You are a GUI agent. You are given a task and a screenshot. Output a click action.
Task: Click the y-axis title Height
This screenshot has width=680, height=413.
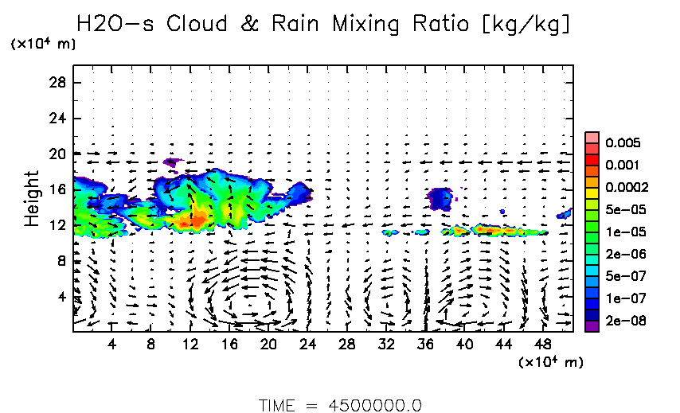(x=32, y=198)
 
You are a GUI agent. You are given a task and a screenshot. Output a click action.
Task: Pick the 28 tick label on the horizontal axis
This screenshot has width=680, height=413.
(x=346, y=345)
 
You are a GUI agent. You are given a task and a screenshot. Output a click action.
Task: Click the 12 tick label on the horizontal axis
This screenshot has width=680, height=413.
(x=190, y=345)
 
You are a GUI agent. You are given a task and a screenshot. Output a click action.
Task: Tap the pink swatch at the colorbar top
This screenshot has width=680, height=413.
(x=592, y=138)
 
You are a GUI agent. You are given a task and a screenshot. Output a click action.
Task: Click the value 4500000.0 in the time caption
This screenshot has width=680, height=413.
(x=376, y=404)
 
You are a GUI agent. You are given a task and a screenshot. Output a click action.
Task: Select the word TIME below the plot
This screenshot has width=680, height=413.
(x=279, y=404)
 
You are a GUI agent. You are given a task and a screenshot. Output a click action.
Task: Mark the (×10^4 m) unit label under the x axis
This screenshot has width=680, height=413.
(x=550, y=363)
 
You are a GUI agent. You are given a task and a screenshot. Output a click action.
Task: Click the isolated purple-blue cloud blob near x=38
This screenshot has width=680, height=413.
(x=440, y=197)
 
